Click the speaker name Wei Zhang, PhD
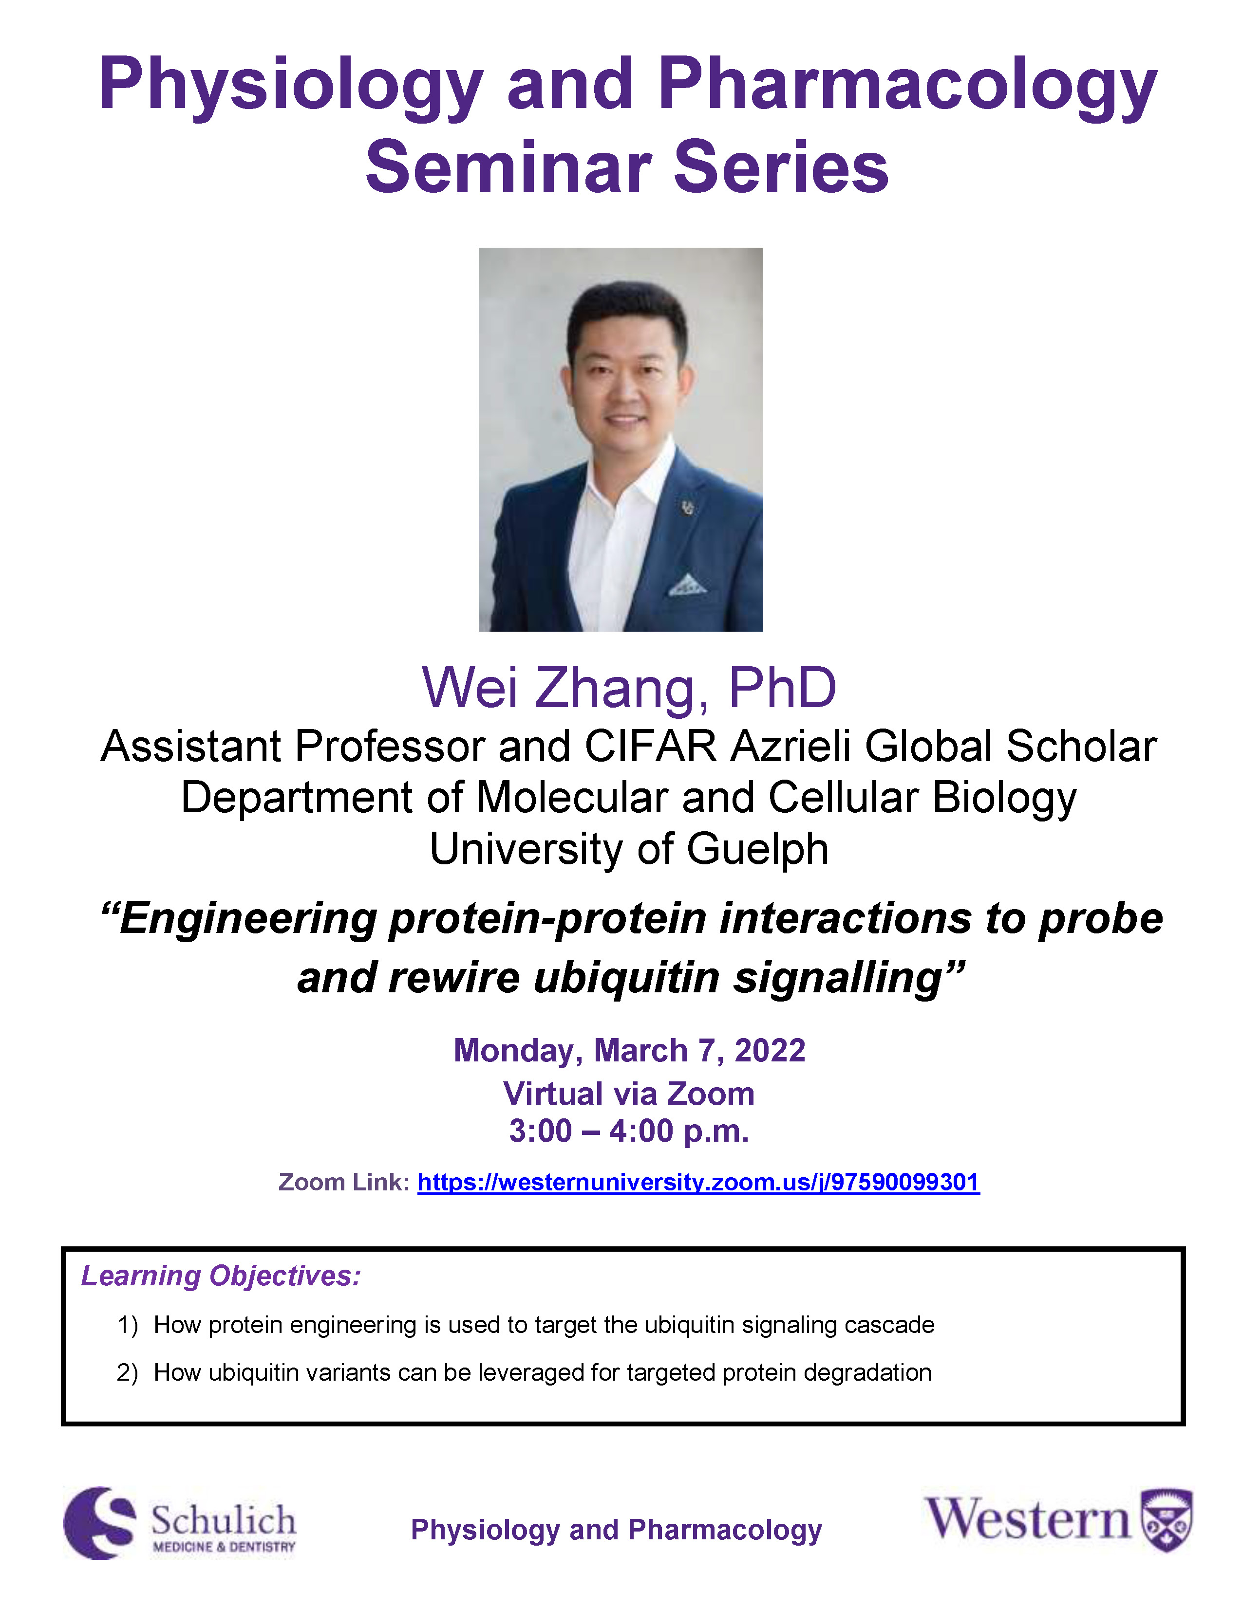coord(629,688)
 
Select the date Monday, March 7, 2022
coord(629,1051)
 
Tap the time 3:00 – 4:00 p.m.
coord(629,1131)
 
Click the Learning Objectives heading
coord(221,1277)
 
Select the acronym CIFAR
coord(650,747)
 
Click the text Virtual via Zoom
coord(629,1094)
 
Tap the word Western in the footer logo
coord(1028,1519)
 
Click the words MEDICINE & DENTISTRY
coord(224,1547)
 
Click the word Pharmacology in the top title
coord(908,86)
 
